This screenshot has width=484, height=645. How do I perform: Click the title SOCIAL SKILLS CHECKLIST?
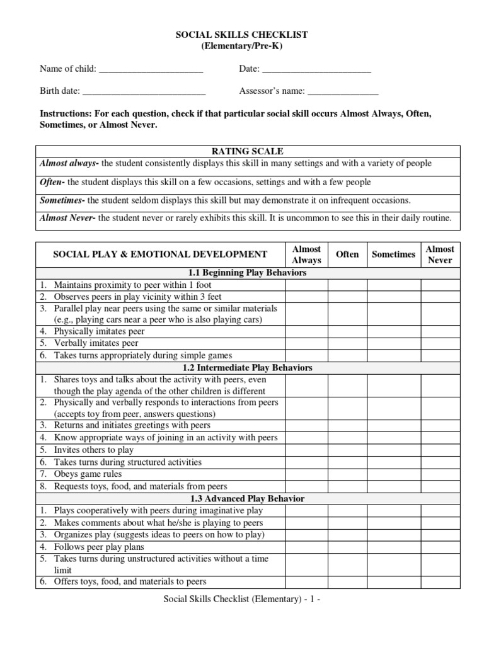click(241, 35)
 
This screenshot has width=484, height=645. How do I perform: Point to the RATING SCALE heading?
click(247, 151)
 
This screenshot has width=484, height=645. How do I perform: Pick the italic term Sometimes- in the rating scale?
click(62, 200)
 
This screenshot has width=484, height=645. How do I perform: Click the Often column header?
click(347, 254)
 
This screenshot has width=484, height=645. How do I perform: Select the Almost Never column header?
click(440, 254)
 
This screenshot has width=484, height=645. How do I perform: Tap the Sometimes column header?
click(393, 254)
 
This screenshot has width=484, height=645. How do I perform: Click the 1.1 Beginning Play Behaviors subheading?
click(247, 273)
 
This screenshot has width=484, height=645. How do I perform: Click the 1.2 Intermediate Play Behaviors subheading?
click(247, 367)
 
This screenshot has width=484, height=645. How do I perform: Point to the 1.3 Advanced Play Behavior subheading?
click(247, 498)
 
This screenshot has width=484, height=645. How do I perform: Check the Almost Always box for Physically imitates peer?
click(306, 331)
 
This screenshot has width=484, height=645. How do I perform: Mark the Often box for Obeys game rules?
click(347, 474)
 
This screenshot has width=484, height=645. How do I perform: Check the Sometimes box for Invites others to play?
click(393, 450)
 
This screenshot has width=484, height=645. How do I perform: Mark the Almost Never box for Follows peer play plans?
click(440, 547)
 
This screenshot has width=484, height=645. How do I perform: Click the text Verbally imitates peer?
click(96, 343)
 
